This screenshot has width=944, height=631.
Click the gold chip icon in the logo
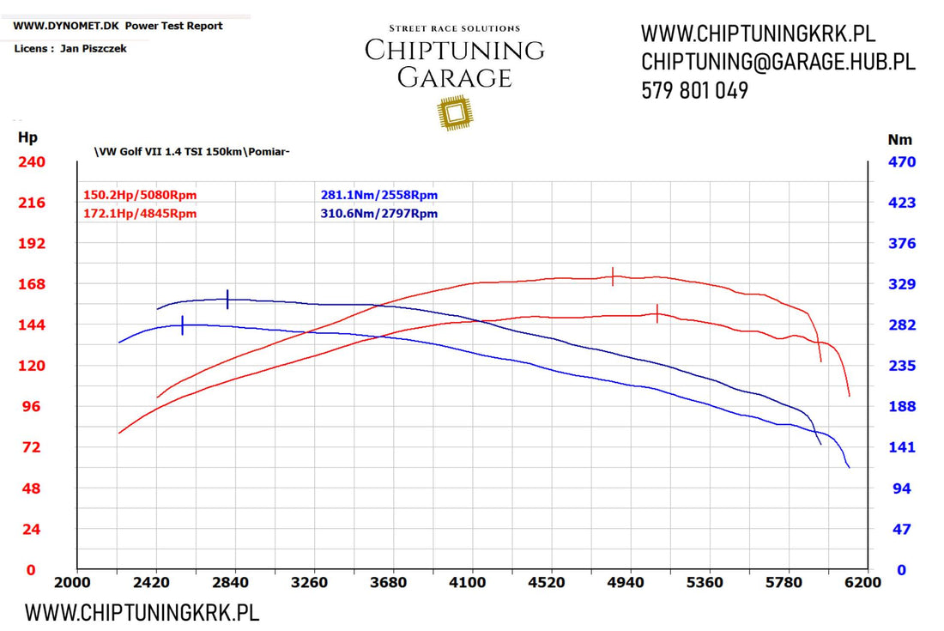coord(455,112)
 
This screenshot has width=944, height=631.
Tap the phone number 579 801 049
coord(694,90)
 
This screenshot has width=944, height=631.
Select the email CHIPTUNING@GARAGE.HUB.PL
coord(778,62)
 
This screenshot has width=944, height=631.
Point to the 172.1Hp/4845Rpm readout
coord(140,213)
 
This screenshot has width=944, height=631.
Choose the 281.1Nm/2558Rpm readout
coord(378,195)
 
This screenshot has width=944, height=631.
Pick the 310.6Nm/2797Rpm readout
coord(378,213)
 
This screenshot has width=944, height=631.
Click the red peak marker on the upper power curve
coord(613,276)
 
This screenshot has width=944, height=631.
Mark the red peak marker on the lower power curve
coord(657,313)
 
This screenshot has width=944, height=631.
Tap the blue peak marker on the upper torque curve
coord(227,299)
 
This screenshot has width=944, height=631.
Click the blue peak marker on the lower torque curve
coord(183,325)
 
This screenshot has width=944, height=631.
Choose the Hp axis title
coord(27,137)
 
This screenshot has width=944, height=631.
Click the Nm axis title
coord(899,139)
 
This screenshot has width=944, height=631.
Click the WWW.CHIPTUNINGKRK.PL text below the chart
coord(142,612)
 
